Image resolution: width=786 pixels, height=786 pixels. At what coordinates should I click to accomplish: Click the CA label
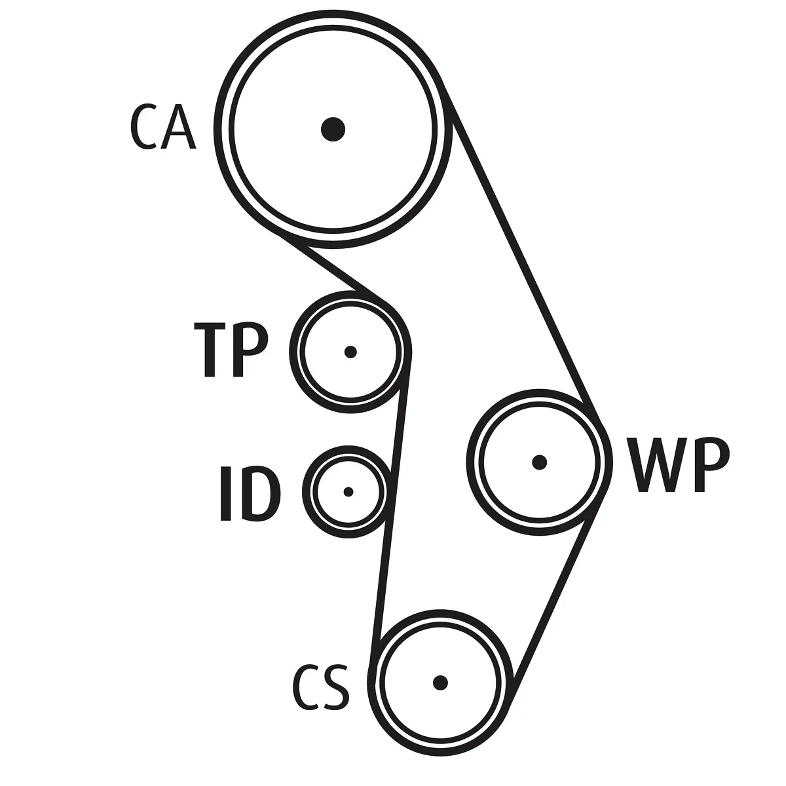(162, 127)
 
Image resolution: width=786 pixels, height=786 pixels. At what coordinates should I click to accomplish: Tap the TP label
(231, 350)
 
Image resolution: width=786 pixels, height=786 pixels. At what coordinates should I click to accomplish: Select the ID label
(250, 494)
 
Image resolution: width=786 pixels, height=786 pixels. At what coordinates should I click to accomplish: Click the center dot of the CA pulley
(333, 129)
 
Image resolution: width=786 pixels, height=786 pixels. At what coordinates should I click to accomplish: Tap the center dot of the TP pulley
(350, 352)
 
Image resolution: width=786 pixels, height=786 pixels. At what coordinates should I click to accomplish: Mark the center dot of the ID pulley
(348, 491)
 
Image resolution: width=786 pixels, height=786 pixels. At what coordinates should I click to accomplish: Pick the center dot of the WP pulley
(540, 462)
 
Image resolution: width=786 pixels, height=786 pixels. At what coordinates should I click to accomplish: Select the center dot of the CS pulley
(440, 683)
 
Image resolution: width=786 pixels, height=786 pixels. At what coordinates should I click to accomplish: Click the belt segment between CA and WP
(522, 253)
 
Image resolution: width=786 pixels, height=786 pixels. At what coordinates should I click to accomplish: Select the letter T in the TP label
(210, 350)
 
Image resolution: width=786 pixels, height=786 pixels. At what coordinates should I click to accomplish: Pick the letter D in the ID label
(259, 494)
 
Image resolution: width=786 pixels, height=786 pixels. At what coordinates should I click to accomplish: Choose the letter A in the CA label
(179, 127)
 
